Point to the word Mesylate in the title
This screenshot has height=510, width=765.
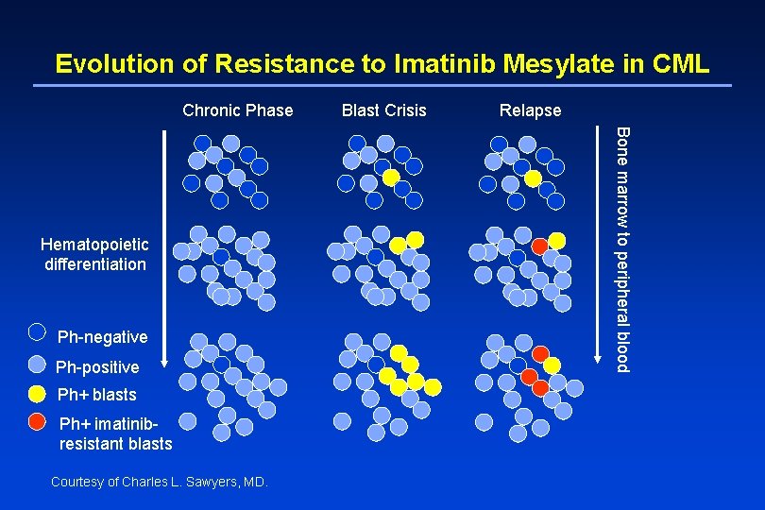click(x=562, y=63)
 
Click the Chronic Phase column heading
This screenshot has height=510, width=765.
click(x=238, y=110)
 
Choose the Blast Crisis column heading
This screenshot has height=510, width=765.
click(x=383, y=110)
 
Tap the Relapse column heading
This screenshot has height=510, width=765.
click(x=530, y=110)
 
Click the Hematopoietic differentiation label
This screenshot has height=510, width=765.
click(x=94, y=255)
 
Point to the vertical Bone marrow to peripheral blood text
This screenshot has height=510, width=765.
click(x=622, y=247)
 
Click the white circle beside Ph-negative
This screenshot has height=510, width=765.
click(x=37, y=331)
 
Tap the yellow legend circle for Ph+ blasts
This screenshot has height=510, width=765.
click(x=37, y=393)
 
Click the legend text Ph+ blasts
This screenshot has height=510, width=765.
click(x=97, y=395)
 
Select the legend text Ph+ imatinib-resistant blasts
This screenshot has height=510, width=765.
click(x=115, y=433)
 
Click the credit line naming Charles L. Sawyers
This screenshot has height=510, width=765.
click(x=160, y=482)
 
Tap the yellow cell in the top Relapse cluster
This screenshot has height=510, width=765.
click(x=533, y=178)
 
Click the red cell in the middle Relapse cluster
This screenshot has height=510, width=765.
click(x=539, y=246)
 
